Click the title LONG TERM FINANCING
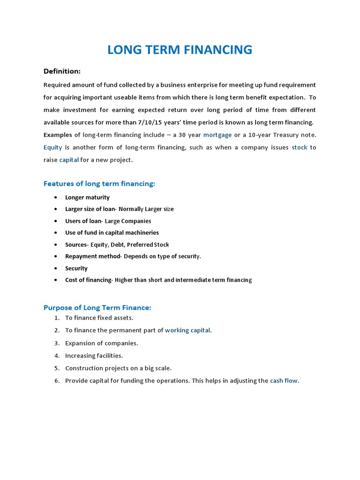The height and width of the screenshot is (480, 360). point(180,50)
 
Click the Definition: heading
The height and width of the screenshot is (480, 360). point(62,71)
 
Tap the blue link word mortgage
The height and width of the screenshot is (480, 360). point(217,135)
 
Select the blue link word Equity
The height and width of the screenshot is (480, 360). point(52,147)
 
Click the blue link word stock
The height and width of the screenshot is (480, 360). point(300,147)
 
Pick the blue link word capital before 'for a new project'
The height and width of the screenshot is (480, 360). point(69,160)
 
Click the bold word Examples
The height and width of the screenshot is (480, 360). point(58,135)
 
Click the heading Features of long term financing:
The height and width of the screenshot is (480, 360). point(99,184)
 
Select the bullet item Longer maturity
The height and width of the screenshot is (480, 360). point(87,197)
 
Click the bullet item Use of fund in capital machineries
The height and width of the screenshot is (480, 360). point(112,233)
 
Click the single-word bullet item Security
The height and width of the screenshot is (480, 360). point(76,269)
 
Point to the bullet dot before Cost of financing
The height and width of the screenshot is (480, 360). point(56,280)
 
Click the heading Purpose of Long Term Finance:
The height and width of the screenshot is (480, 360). point(97,308)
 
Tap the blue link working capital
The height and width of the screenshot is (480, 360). point(187,330)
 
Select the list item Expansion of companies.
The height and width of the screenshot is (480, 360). point(101,343)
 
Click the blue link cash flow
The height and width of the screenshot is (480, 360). point(284,381)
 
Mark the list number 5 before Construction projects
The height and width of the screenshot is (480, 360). point(57,368)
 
